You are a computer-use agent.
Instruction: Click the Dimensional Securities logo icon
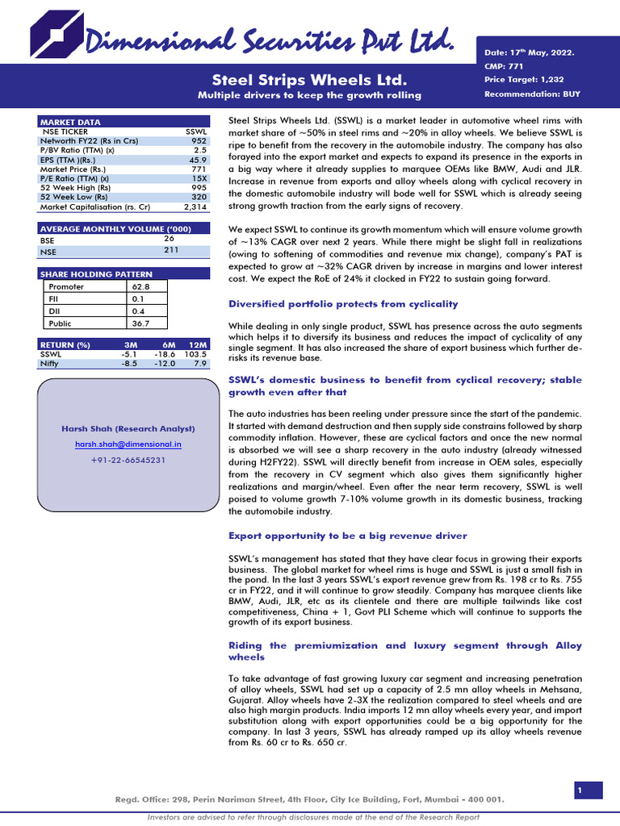tap(57, 35)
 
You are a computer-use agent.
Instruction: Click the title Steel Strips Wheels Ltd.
tap(310, 79)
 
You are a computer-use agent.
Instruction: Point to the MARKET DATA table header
tap(71, 122)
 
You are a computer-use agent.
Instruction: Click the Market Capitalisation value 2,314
tap(196, 206)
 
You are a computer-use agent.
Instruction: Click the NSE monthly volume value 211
tap(171, 249)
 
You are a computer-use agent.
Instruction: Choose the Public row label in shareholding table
tap(61, 323)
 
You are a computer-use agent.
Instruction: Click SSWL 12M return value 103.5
tap(195, 353)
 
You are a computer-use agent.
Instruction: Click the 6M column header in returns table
tap(169, 344)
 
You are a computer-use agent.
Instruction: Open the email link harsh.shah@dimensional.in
tap(128, 444)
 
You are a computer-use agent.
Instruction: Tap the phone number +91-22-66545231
tap(128, 459)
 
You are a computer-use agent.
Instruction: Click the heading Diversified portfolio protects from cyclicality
tap(343, 304)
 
